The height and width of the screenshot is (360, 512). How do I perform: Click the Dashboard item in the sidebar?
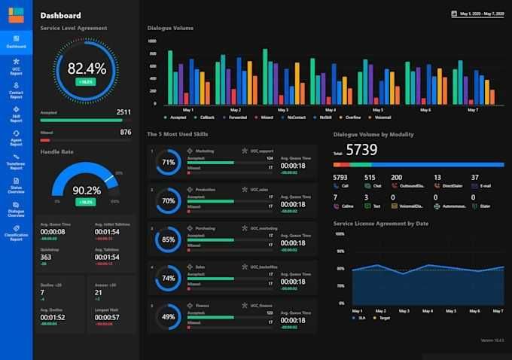point(16,40)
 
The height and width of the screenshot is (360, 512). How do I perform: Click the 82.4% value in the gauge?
point(87,69)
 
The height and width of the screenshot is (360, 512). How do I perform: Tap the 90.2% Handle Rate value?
point(87,191)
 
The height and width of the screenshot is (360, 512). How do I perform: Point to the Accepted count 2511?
point(123,112)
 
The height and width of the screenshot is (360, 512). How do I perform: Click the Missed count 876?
point(126,133)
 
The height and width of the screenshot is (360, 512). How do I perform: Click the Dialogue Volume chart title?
point(170,28)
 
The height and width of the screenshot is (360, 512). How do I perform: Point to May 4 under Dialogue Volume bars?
point(330,110)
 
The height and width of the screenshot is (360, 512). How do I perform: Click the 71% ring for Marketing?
point(169,162)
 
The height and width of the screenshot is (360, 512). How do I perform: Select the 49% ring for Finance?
point(169,317)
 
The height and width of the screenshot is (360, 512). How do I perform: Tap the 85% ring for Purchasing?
point(169,240)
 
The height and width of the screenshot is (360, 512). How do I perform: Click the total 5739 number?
point(361,149)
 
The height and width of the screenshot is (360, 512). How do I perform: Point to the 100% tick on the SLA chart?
point(340,233)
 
